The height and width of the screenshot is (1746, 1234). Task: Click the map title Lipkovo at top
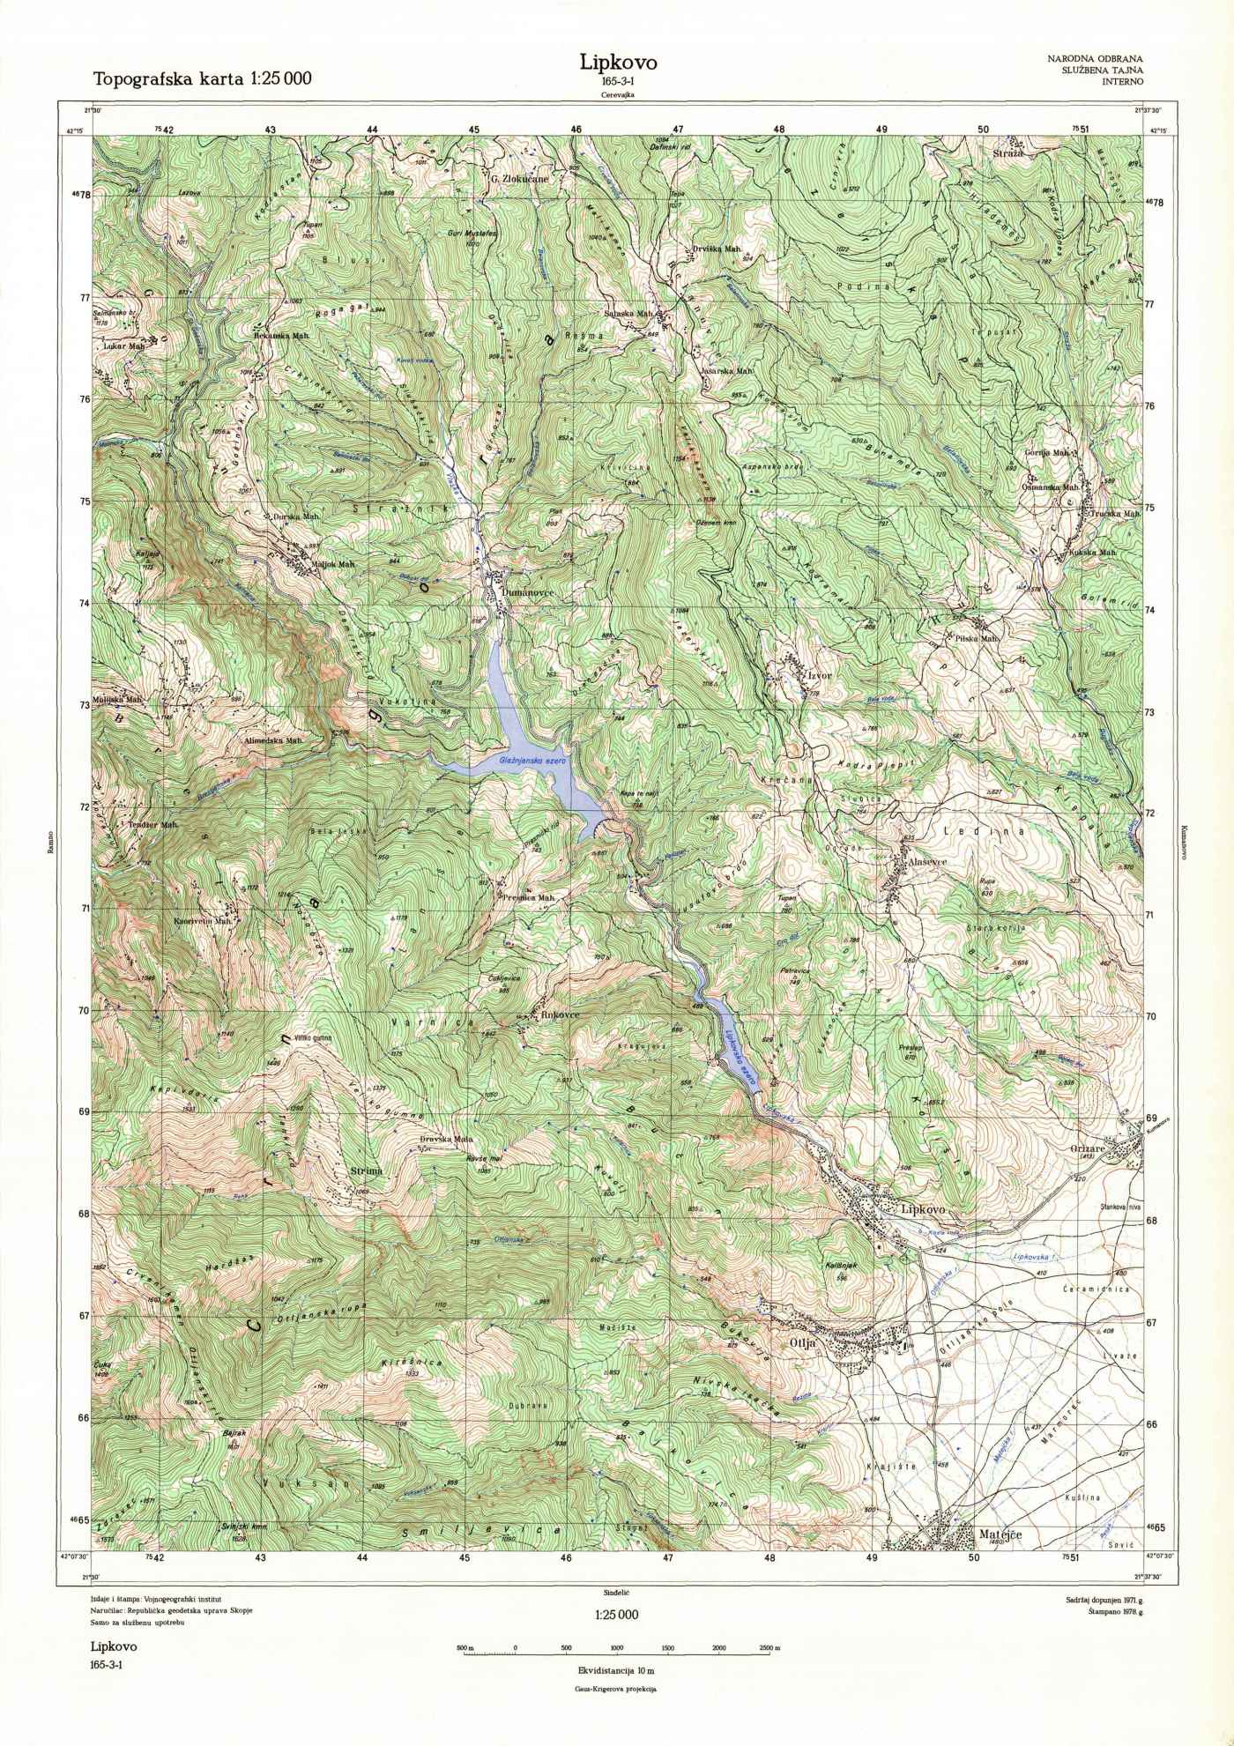[x=617, y=63]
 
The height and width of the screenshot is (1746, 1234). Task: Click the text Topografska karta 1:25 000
[x=202, y=79]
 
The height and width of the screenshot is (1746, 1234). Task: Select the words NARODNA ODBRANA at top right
[x=1095, y=58]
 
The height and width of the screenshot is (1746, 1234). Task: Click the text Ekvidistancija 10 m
[x=616, y=1670]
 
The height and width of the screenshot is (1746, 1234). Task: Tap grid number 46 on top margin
[x=576, y=129]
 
